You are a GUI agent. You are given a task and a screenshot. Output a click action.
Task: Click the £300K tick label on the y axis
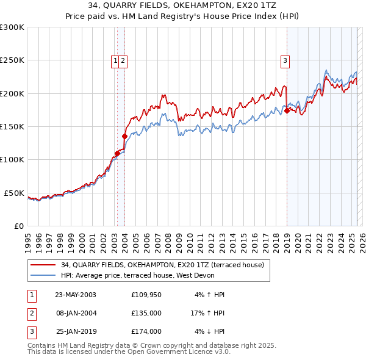click(12, 27)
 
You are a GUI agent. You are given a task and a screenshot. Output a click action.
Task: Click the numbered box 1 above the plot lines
click(115, 60)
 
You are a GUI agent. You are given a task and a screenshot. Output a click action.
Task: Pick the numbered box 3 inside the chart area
click(285, 60)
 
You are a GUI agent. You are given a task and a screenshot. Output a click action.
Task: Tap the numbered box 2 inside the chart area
click(123, 60)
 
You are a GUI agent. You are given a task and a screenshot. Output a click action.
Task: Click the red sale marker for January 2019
click(287, 111)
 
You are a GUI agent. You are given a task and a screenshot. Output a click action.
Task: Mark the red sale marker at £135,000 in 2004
click(124, 137)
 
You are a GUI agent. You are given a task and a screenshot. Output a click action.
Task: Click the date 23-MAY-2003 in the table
click(76, 295)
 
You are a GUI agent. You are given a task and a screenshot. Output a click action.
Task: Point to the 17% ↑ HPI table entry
click(207, 313)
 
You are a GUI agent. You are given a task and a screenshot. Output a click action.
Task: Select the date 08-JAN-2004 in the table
click(76, 313)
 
